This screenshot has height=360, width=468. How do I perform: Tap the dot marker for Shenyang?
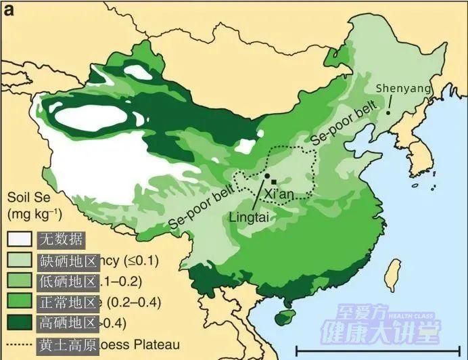point(388,112)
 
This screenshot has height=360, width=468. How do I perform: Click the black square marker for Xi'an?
point(273,181)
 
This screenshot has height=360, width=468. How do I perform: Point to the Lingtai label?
point(250,217)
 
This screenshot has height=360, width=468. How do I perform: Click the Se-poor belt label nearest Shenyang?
point(343,128)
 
